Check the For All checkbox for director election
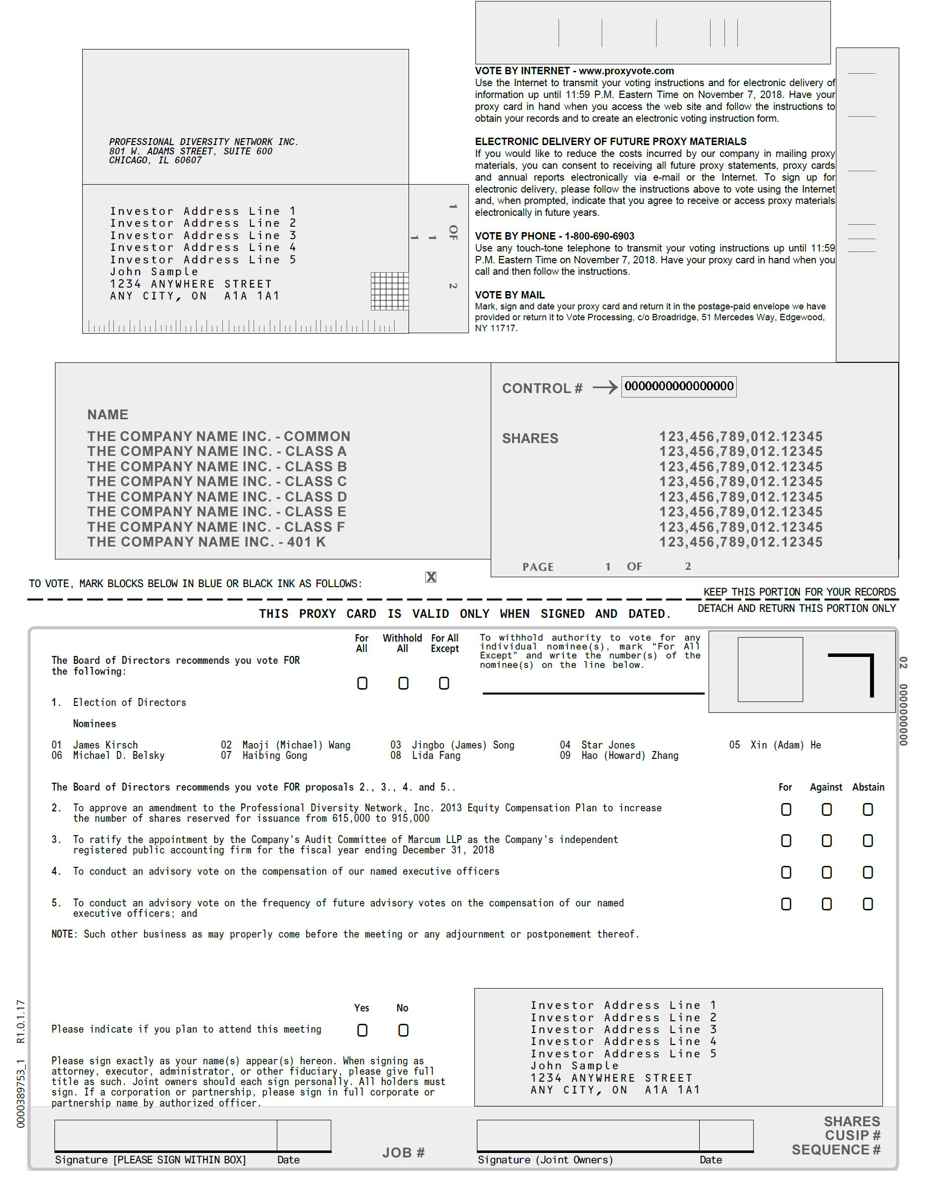click(x=362, y=683)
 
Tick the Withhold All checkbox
click(x=403, y=683)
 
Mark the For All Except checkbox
click(x=444, y=683)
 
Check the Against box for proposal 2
click(x=826, y=809)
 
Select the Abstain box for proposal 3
click(x=868, y=841)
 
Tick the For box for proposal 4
click(x=786, y=872)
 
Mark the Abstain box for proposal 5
click(x=868, y=904)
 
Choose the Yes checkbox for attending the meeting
click(x=362, y=1030)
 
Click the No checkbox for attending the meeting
click(x=403, y=1030)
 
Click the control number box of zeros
click(x=678, y=386)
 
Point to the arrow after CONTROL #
click(x=605, y=388)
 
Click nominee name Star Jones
click(x=608, y=745)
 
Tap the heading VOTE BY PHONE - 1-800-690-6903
click(x=554, y=237)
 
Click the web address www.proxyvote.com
click(x=626, y=71)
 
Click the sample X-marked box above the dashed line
click(x=431, y=577)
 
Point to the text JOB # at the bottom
click(x=403, y=1152)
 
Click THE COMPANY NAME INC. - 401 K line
click(x=206, y=542)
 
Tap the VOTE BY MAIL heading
click(x=510, y=295)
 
